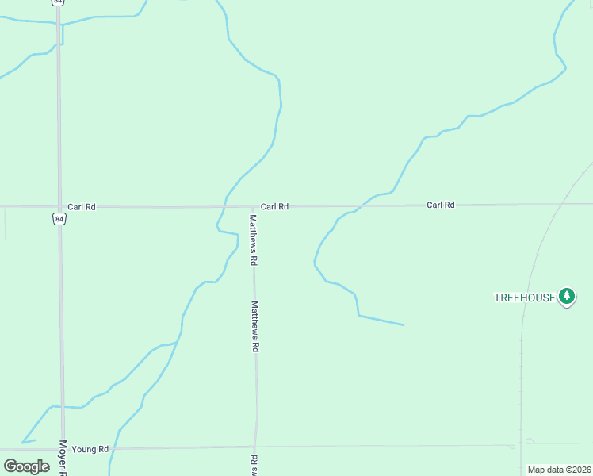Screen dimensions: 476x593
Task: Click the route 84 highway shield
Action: (59, 218)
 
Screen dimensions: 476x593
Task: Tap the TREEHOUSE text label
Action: (524, 297)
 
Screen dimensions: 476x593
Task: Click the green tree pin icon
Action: (566, 297)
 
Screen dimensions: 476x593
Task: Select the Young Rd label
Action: (90, 449)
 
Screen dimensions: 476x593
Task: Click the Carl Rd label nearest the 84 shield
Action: (82, 207)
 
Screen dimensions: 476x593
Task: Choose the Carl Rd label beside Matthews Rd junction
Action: (274, 206)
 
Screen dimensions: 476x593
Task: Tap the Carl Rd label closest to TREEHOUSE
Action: (440, 205)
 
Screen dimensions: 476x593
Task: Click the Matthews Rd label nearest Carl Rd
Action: (253, 240)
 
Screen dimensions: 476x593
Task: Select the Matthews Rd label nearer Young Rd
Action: (255, 325)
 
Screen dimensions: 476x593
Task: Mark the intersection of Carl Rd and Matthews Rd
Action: (253, 206)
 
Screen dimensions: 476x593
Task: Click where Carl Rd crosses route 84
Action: (59, 206)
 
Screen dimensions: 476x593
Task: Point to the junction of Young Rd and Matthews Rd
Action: (255, 447)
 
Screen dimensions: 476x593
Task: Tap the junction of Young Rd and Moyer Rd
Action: (62, 448)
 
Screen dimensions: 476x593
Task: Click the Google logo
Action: (27, 466)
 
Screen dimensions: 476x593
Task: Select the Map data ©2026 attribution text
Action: (559, 470)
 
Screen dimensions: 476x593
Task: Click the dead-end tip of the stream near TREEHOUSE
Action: (404, 324)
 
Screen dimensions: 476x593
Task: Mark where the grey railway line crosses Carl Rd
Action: (560, 204)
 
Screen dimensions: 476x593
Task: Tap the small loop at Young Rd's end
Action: (530, 442)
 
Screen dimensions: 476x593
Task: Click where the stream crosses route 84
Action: (59, 25)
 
